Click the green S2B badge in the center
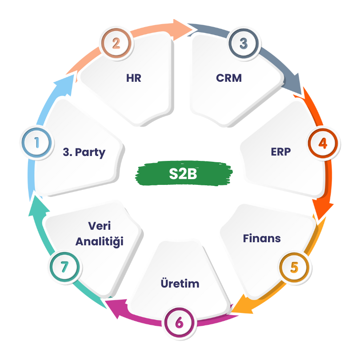pos(184,173)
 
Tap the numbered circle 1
pos(36,142)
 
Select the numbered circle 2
pos(116,44)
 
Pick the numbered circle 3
pos(244,44)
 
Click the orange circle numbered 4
pos(323,143)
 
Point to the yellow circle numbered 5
pos(294,268)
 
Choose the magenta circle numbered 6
pos(179,323)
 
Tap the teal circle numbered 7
pos(65,267)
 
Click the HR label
pos(134,78)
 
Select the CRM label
pos(229,78)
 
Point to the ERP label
pos(281,152)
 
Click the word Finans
pos(262,238)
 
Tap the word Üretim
pos(180,283)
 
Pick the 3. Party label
pos(84,152)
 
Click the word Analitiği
pos(100,242)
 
